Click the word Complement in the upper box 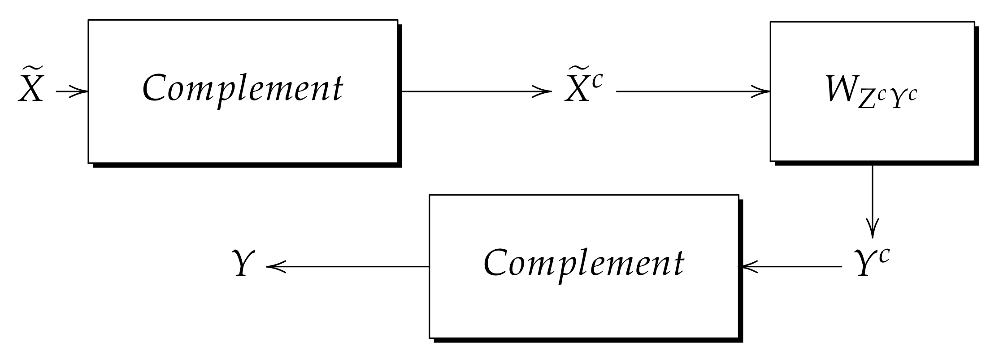coord(243,88)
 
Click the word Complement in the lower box coord(583,263)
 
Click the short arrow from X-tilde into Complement coord(72,92)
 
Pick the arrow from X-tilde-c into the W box coord(693,92)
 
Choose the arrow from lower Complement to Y coord(347,267)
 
